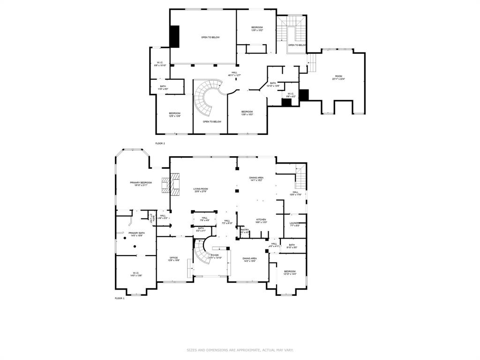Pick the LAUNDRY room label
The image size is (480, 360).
coord(294,224)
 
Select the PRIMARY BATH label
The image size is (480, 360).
coord(137,234)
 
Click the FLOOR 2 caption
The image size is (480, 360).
coord(160,143)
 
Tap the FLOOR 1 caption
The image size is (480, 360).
coord(120,298)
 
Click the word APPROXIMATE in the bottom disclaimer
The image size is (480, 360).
coord(240,350)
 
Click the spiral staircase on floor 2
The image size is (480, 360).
coord(207,98)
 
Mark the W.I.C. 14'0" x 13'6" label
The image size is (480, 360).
coord(136,274)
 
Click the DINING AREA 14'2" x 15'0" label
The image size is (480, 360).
coord(249,260)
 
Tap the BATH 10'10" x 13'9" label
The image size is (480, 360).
coord(273,84)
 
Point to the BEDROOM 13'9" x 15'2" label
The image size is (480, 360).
coord(257,29)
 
